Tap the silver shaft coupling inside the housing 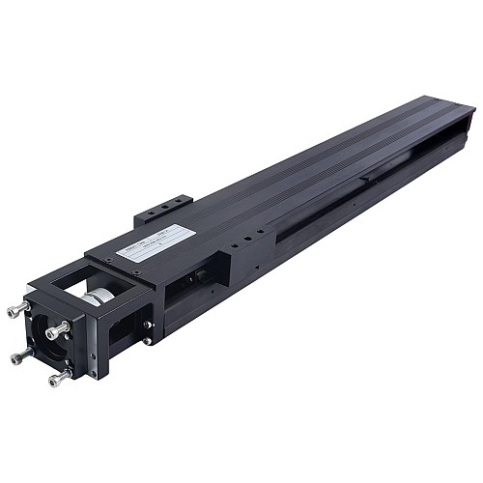point(97,297)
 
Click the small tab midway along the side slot point(364,178)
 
